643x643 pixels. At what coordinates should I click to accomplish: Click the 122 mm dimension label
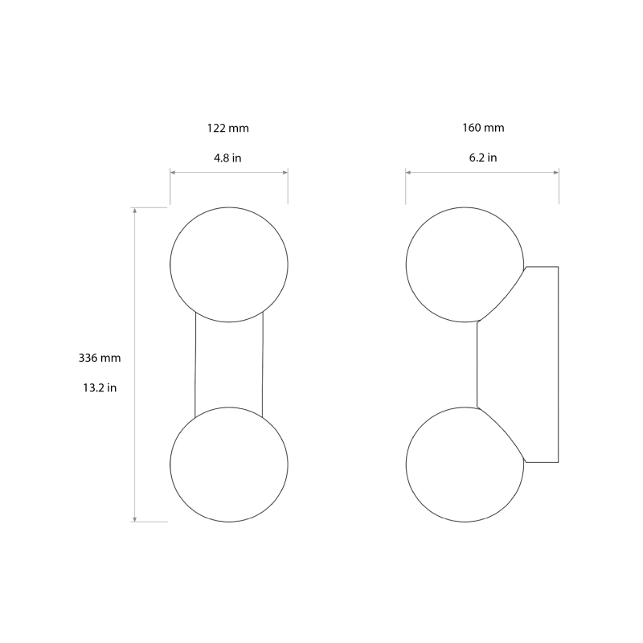click(x=227, y=128)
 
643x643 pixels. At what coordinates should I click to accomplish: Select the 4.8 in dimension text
click(x=227, y=158)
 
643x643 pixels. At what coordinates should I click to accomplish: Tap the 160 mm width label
click(x=483, y=128)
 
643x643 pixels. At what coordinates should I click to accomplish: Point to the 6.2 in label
click(x=482, y=158)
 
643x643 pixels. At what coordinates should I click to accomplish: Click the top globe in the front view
click(x=229, y=264)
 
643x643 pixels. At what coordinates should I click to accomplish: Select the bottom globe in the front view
click(x=229, y=464)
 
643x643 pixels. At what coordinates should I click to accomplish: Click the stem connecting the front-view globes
click(x=229, y=364)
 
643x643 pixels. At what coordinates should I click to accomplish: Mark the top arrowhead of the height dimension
click(x=135, y=211)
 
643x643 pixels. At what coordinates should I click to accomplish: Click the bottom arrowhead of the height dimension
click(x=135, y=518)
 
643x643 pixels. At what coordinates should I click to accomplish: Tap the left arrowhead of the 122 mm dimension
click(x=173, y=172)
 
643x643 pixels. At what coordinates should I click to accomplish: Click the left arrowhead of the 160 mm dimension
click(x=408, y=172)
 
